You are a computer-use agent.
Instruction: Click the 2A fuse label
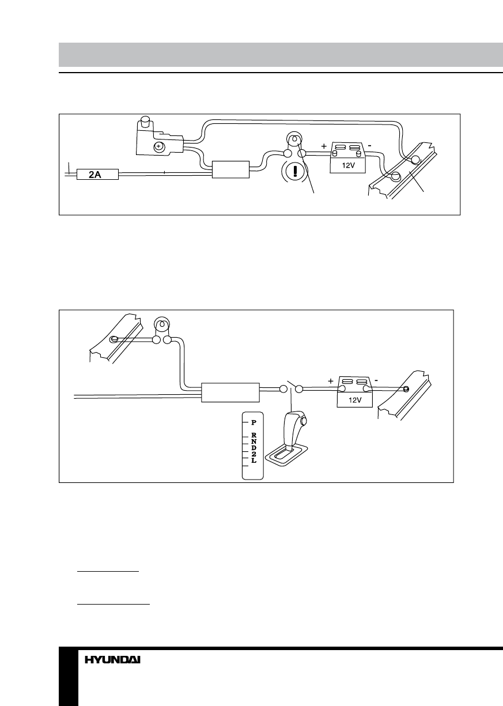pyautogui.click(x=94, y=173)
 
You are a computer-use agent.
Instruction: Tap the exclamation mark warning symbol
pyautogui.click(x=294, y=172)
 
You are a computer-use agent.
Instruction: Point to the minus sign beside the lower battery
pyautogui.click(x=377, y=380)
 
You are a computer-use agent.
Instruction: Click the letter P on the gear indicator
pyautogui.click(x=253, y=422)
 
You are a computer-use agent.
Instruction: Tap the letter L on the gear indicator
pyautogui.click(x=253, y=462)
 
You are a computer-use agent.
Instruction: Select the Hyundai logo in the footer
pyautogui.click(x=113, y=660)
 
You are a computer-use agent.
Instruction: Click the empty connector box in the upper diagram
pyautogui.click(x=230, y=170)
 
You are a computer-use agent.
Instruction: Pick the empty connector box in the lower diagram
pyautogui.click(x=230, y=392)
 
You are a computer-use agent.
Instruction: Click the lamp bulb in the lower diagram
pyautogui.click(x=162, y=324)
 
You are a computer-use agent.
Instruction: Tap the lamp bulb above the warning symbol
pyautogui.click(x=294, y=140)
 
